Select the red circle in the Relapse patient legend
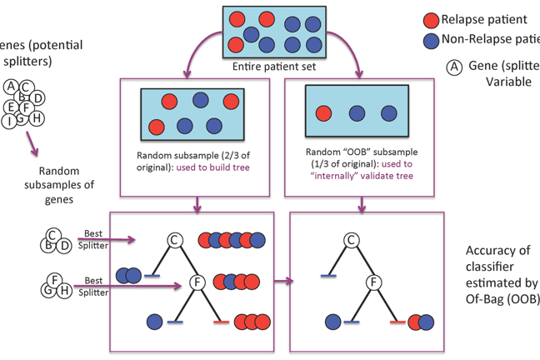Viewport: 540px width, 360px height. (431, 20)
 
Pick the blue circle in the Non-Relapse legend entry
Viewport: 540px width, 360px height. (431, 39)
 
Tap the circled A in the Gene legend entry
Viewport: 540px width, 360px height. (454, 67)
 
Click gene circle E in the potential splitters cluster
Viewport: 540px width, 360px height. (11, 107)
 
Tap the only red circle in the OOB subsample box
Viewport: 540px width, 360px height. (323, 113)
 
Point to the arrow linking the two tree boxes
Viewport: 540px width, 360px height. (283, 282)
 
